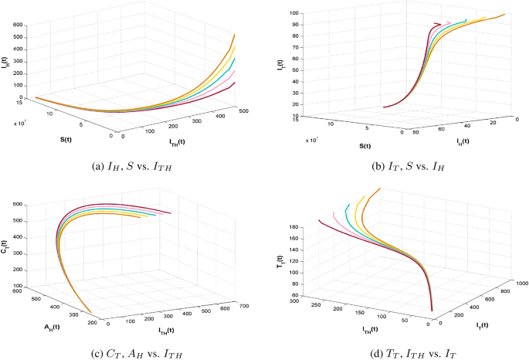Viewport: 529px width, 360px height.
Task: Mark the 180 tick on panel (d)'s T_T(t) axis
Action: (295, 226)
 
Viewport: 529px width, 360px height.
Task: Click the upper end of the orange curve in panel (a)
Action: (235, 35)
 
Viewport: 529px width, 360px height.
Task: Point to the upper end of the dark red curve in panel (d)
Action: (319, 221)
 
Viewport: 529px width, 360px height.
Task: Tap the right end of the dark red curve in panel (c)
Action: (171, 213)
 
